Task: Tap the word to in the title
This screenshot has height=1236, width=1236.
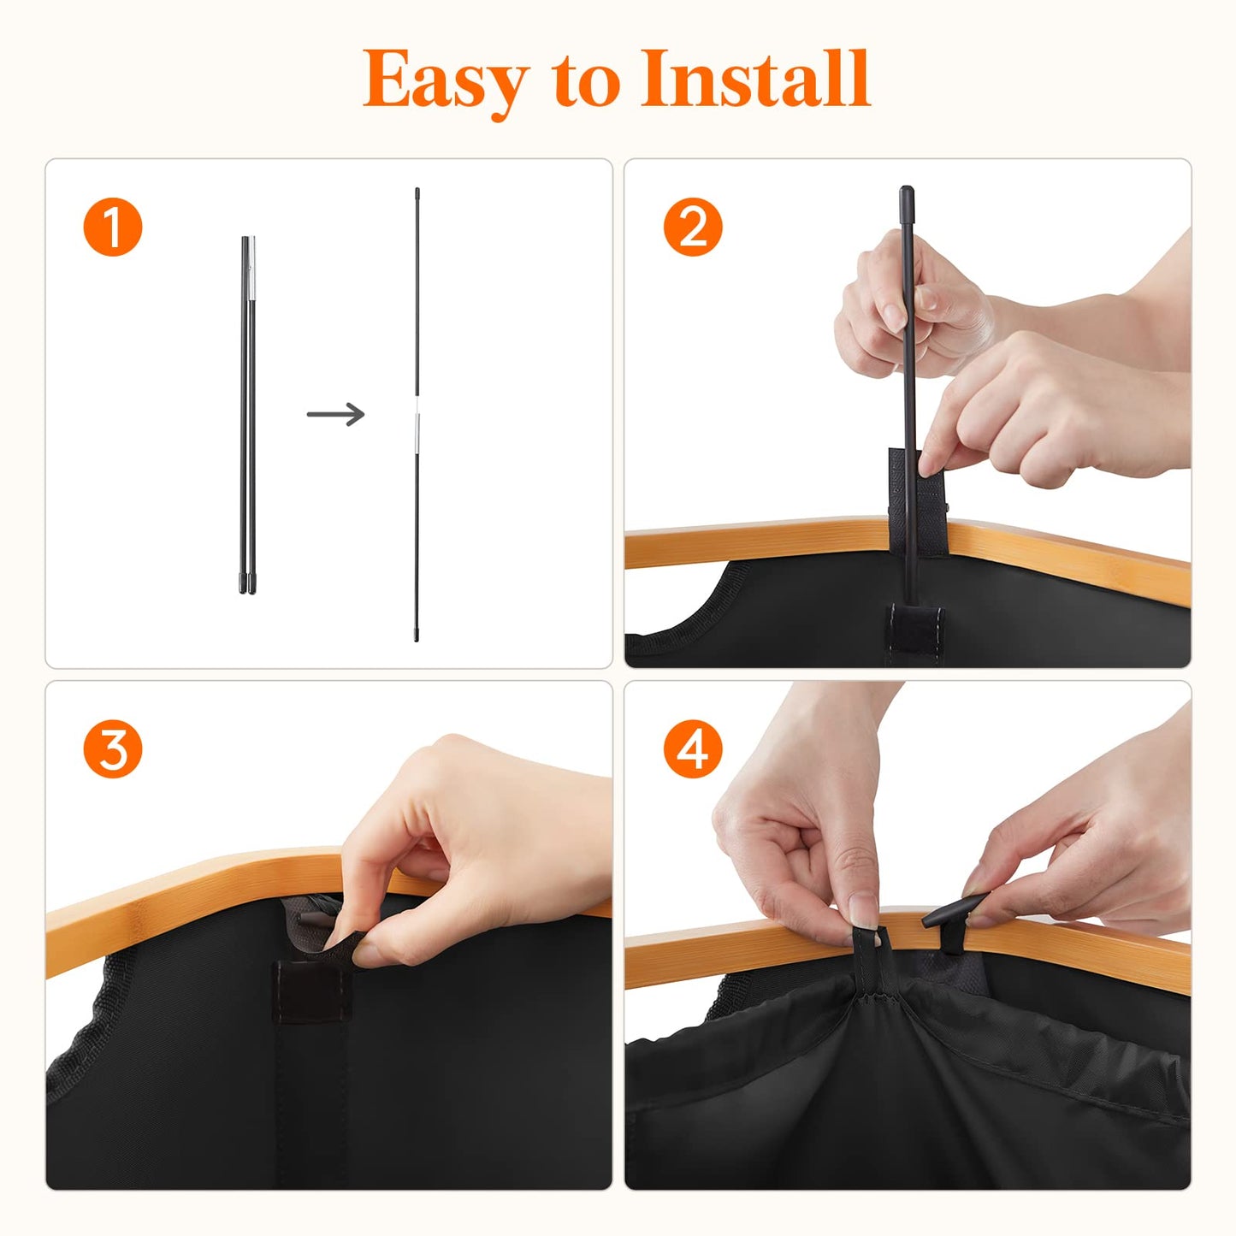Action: click(x=587, y=81)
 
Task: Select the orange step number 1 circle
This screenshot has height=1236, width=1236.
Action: click(x=112, y=228)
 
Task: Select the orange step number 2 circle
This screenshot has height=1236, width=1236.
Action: click(x=693, y=228)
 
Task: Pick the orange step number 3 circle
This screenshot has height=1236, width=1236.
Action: click(x=112, y=749)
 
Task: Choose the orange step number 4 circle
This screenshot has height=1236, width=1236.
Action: click(x=693, y=749)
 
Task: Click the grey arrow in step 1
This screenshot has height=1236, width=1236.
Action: click(x=335, y=414)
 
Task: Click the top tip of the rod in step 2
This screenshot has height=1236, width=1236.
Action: click(x=906, y=193)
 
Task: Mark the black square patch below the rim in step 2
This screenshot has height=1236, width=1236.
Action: click(x=914, y=629)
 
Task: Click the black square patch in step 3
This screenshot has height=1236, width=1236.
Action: click(x=310, y=991)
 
